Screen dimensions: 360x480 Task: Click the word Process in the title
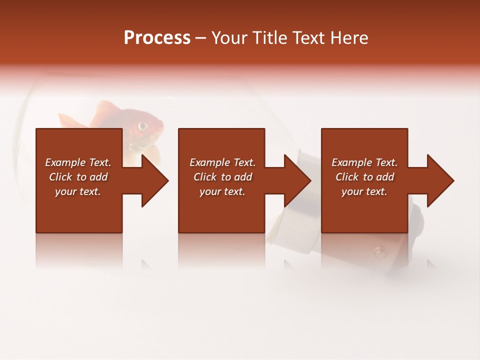[157, 38]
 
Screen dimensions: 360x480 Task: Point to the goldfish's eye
[143, 125]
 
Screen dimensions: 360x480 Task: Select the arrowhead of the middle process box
[297, 180]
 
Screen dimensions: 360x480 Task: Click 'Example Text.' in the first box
[78, 162]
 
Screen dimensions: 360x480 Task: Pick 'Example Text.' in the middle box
[222, 162]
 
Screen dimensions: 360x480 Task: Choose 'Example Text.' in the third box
[364, 162]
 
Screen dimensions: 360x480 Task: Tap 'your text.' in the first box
[78, 191]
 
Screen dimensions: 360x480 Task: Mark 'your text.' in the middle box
[222, 191]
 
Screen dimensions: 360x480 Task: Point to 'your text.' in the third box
[364, 191]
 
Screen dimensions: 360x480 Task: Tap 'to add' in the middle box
[237, 177]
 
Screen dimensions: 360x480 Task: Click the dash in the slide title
[201, 38]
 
